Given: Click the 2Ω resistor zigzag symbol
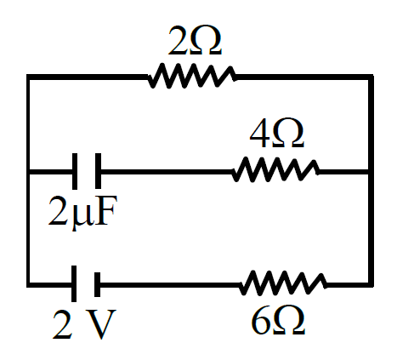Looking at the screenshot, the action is pyautogui.click(x=191, y=76).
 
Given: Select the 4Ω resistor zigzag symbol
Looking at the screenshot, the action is pyautogui.click(x=275, y=169).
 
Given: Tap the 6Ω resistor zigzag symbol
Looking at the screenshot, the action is pyautogui.click(x=283, y=283).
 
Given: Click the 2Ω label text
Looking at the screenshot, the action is pyautogui.click(x=195, y=41).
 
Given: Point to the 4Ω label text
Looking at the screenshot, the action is pyautogui.click(x=277, y=133).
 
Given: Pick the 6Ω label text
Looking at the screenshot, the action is pyautogui.click(x=278, y=320).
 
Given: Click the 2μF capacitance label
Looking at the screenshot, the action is pyautogui.click(x=82, y=211).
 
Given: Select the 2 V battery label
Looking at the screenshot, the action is pyautogui.click(x=84, y=324).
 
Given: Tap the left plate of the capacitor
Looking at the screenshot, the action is pyautogui.click(x=75, y=171).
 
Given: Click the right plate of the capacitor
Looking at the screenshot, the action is pyautogui.click(x=98, y=171).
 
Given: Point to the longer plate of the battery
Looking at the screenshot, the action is pyautogui.click(x=74, y=283).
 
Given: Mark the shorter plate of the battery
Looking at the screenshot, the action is pyautogui.click(x=97, y=284).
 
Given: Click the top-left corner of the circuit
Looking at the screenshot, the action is pyautogui.click(x=29, y=77).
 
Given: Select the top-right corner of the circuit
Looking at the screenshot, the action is pyautogui.click(x=371, y=77).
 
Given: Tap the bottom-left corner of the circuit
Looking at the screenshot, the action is pyautogui.click(x=29, y=285).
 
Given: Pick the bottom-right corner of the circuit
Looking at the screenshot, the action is pyautogui.click(x=371, y=285).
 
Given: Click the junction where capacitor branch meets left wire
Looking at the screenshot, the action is pyautogui.click(x=29, y=172).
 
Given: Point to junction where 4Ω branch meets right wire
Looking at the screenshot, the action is pyautogui.click(x=371, y=172).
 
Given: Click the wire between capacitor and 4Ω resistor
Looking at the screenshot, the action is pyautogui.click(x=167, y=172).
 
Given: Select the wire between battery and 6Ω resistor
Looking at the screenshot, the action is pyautogui.click(x=170, y=285).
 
